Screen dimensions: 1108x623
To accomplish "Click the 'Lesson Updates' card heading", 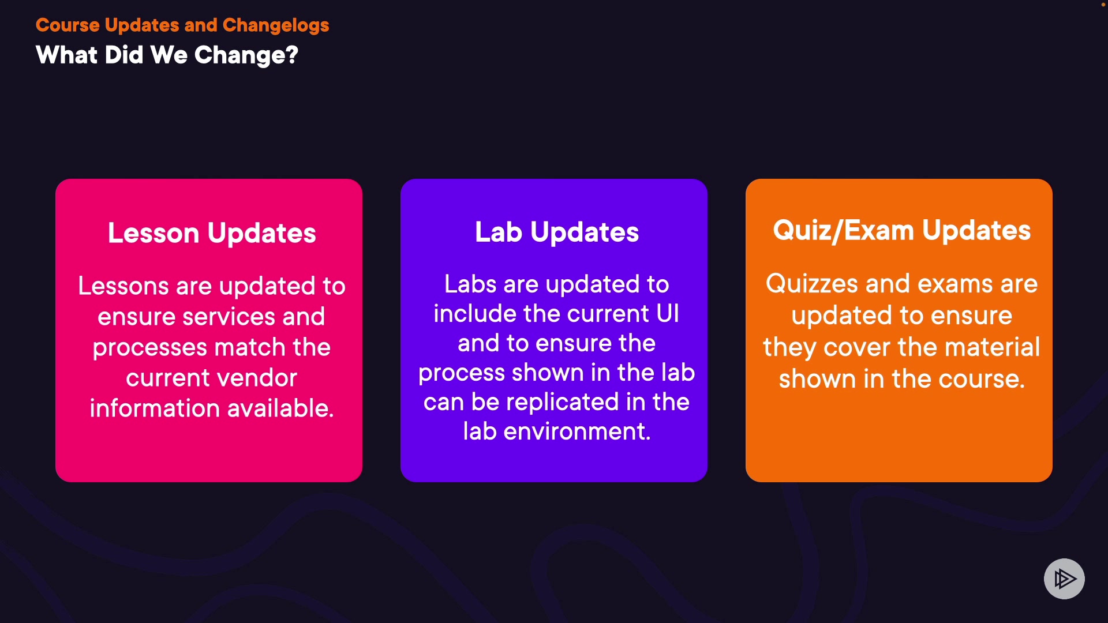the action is (x=212, y=234).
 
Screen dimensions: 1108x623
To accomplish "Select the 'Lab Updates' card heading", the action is (x=557, y=232).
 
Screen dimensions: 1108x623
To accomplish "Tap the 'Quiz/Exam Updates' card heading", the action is (x=902, y=231).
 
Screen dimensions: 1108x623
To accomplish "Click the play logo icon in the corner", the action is (x=1064, y=579).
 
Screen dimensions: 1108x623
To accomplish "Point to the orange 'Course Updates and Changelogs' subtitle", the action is (x=182, y=25).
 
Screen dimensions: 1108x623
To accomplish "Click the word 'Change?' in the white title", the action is (x=246, y=56).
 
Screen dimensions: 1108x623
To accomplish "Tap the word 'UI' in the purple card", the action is (x=668, y=314).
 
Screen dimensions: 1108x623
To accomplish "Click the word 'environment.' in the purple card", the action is (x=577, y=431).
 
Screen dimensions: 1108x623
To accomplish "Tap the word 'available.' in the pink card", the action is (x=281, y=408).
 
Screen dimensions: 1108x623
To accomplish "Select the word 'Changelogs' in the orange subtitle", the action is (x=276, y=25).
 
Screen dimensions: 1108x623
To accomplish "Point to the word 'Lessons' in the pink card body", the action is (x=123, y=286).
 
